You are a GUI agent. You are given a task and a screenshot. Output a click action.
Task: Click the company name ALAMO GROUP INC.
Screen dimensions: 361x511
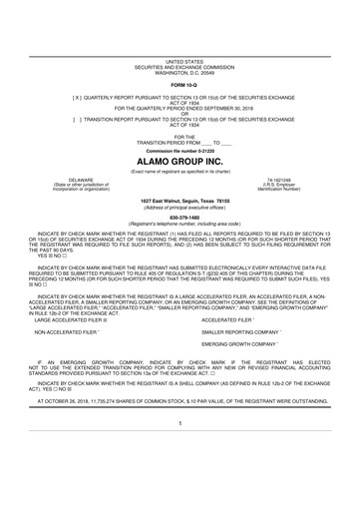point(181,132)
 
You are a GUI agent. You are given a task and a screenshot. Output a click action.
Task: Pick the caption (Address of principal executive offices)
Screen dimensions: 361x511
point(181,178)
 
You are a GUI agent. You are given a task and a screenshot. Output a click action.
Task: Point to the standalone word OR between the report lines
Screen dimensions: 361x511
point(181,85)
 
